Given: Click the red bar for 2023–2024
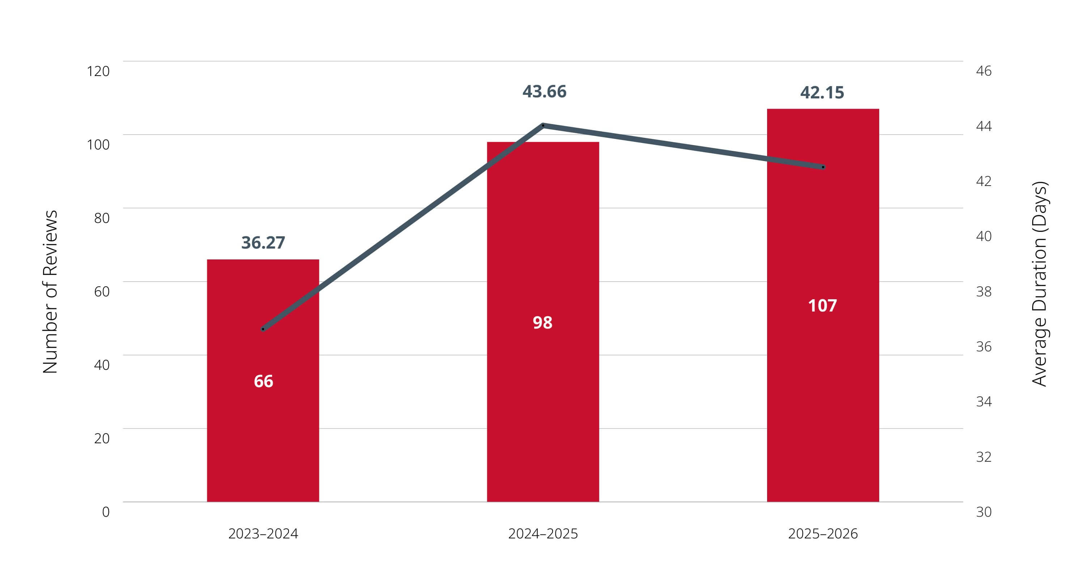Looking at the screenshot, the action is [x=263, y=381].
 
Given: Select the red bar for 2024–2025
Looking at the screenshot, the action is [x=543, y=322].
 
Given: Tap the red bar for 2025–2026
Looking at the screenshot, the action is [x=823, y=305].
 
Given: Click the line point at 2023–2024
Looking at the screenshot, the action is [x=263, y=329].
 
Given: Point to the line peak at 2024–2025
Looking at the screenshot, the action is [x=543, y=125].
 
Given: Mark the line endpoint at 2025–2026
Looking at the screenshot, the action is [x=823, y=167].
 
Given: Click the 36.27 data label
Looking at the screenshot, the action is [x=263, y=243].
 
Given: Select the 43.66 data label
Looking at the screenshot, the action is [x=544, y=92].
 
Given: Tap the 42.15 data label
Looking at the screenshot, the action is [x=822, y=93].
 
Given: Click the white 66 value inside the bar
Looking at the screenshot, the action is [x=263, y=381].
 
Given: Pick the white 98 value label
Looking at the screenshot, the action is [x=542, y=323].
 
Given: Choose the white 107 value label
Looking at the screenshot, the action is [x=822, y=306].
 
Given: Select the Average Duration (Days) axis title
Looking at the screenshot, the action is [x=1039, y=284].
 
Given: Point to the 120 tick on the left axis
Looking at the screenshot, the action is [x=98, y=71].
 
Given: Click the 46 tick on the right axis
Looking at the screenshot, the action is [x=984, y=71].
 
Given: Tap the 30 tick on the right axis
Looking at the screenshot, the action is [x=984, y=512].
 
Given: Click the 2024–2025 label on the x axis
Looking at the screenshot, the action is [x=543, y=534].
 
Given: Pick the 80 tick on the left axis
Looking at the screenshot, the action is [x=102, y=218].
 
